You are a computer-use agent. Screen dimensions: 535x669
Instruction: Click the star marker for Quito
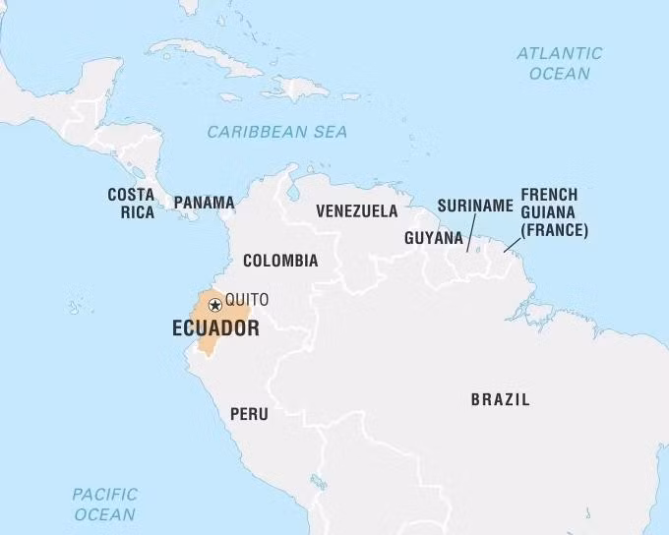click(214, 306)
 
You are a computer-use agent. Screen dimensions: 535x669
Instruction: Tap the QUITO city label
click(246, 300)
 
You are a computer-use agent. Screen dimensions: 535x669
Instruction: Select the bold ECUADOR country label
click(215, 328)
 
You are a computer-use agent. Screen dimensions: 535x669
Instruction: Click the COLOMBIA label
click(280, 261)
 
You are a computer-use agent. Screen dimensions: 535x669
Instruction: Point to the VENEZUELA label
click(356, 210)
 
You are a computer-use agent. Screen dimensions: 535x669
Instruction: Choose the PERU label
click(249, 414)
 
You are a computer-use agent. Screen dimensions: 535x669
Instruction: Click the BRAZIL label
click(500, 399)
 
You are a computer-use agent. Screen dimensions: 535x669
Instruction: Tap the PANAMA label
click(204, 203)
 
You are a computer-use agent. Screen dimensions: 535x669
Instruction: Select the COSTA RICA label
click(131, 203)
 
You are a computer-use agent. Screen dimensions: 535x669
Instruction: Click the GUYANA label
click(433, 238)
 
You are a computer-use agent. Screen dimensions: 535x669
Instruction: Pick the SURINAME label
click(475, 206)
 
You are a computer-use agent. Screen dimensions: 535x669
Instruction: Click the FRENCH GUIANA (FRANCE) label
click(554, 212)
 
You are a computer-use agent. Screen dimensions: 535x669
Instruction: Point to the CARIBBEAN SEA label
click(276, 132)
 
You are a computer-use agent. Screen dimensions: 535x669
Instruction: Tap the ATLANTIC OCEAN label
click(559, 63)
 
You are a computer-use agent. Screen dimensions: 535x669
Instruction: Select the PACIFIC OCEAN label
click(104, 504)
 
